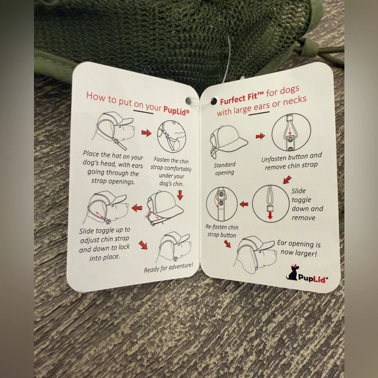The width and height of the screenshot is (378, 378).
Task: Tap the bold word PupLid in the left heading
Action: (x=176, y=110)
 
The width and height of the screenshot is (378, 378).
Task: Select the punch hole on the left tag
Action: (x=188, y=101)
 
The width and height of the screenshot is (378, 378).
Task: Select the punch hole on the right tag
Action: (x=214, y=101)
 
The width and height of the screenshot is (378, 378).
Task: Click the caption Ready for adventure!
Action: (x=169, y=267)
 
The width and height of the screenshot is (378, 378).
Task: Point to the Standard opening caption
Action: (x=225, y=169)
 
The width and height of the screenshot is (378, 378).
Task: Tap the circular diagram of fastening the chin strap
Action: (x=171, y=136)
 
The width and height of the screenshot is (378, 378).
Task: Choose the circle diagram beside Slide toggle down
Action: (x=271, y=203)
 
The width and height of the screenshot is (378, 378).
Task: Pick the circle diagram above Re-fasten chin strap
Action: (x=222, y=204)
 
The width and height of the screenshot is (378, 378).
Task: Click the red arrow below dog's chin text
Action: (x=180, y=195)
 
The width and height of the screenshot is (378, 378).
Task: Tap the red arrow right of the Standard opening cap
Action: (x=260, y=136)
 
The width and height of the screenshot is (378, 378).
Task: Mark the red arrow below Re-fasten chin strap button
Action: (x=227, y=244)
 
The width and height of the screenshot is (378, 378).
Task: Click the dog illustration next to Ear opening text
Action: (x=256, y=254)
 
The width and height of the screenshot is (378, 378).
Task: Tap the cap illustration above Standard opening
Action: (x=228, y=141)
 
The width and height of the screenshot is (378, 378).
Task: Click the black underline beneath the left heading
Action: (x=143, y=112)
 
